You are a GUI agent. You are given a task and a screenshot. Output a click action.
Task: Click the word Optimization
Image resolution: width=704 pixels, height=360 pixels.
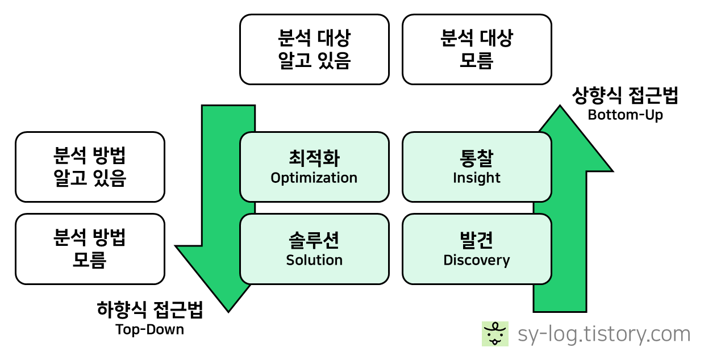pos(314,178)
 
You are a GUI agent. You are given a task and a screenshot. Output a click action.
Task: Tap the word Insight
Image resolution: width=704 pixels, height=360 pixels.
pos(477,178)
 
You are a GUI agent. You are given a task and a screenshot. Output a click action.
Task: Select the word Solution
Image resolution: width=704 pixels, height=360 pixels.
pos(314,260)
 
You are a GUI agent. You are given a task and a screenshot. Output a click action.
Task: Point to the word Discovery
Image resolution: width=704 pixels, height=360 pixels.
pos(477,261)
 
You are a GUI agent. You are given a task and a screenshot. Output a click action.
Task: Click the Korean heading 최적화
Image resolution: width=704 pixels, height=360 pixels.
pos(314,158)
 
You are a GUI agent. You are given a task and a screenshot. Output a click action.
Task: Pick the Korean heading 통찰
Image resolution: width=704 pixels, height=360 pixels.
pos(477,158)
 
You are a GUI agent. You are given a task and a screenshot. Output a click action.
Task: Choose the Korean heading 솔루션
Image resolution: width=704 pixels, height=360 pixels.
pos(314,240)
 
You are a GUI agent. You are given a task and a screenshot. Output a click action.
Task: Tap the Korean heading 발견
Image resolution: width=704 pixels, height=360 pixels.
pos(477,240)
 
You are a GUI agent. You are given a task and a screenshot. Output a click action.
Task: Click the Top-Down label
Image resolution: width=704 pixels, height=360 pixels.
pos(149,330)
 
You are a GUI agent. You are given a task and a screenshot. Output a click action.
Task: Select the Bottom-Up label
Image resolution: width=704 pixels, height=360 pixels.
pos(626,115)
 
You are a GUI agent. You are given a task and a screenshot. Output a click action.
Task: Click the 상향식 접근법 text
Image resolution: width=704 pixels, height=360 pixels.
pos(625,95)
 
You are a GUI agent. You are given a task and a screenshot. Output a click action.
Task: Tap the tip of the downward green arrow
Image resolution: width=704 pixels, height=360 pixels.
pos(228,312)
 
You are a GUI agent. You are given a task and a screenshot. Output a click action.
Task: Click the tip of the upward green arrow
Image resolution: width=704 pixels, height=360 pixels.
pos(560,106)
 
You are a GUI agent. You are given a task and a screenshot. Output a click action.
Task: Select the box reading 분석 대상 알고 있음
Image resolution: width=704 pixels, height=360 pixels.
pos(314,49)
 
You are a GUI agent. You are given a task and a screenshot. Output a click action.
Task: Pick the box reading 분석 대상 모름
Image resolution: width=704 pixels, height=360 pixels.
pos(477,49)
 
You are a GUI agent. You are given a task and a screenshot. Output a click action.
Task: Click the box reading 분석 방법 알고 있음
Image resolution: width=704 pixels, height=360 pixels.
pos(90,167)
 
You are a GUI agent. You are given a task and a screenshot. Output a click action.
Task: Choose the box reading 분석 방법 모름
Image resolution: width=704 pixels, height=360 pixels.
pos(90,249)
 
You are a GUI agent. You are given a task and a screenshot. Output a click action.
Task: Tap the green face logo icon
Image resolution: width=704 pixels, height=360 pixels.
pos(495,334)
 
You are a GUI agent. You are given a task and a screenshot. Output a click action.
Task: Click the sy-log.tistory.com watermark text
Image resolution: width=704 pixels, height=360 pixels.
pos(604,334)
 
